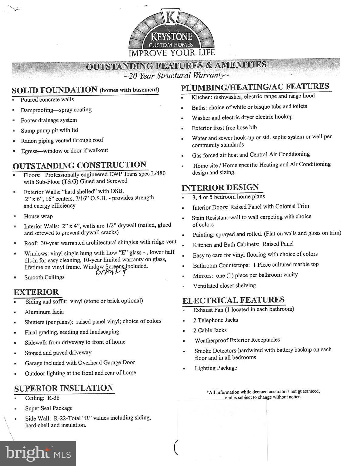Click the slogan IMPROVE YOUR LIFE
172,53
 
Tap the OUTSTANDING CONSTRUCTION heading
80,165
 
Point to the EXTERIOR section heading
36,292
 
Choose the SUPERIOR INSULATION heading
63,388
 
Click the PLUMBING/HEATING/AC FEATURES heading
255,87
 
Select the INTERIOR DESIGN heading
220,187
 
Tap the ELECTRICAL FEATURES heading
233,300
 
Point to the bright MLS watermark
38,454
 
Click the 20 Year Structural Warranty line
176,76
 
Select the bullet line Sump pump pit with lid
49,130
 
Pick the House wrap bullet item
38,216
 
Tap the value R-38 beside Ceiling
53,398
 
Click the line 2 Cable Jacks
210,330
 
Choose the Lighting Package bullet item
216,368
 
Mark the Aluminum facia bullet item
44,312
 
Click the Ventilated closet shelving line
224,286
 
